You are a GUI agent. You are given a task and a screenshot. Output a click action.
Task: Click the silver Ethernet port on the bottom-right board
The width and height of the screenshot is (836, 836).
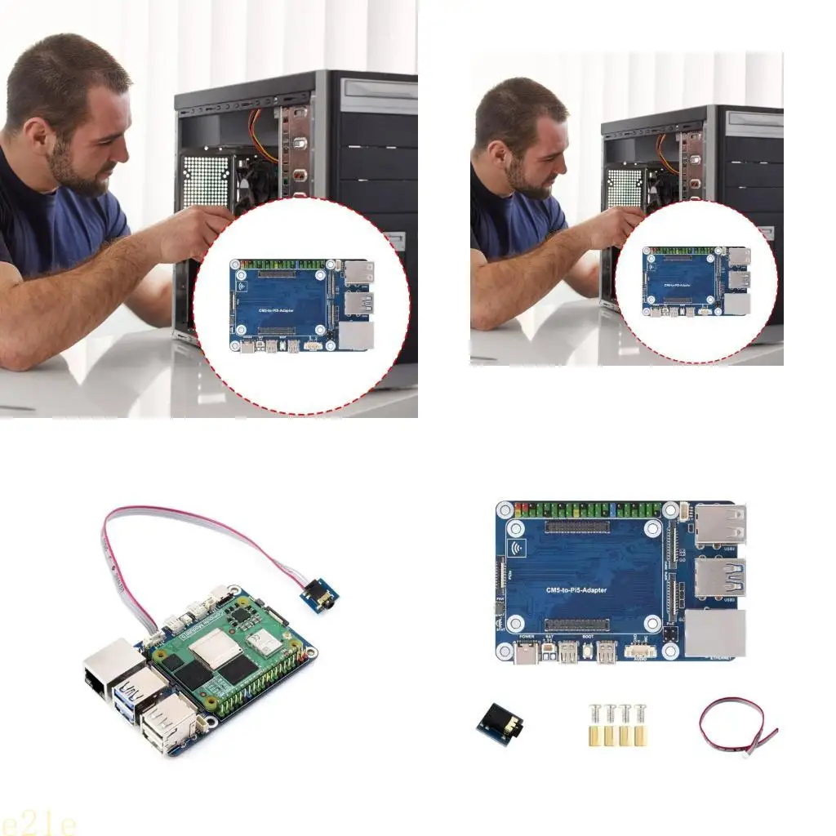[x=714, y=634]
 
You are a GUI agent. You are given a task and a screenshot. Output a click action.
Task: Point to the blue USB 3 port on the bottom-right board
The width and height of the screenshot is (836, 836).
[x=718, y=580]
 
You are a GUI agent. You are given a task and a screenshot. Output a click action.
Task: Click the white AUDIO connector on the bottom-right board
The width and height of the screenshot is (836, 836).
[x=641, y=651]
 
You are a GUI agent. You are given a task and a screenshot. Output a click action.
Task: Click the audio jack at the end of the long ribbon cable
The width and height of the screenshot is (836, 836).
[x=320, y=594]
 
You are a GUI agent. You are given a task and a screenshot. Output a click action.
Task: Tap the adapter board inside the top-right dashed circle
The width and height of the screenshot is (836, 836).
[x=696, y=282]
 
